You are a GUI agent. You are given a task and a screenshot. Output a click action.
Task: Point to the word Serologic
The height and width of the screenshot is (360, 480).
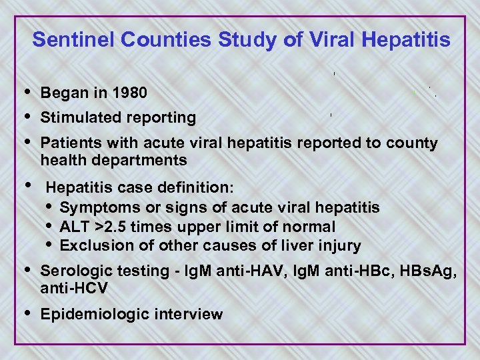[x=75, y=271]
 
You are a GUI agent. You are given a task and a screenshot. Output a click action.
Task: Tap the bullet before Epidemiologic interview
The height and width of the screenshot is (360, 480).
[x=26, y=313]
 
